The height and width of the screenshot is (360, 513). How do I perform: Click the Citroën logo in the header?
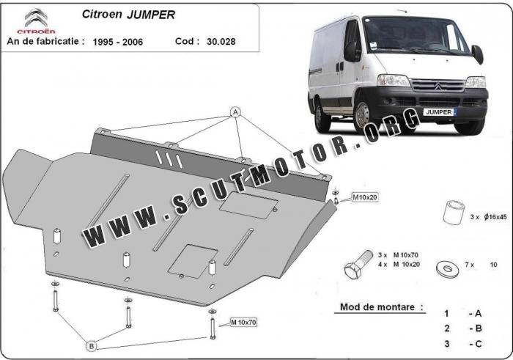[x=37, y=21]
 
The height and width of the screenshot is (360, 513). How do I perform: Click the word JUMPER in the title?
[x=151, y=15]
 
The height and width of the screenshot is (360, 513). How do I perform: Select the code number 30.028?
[x=221, y=42]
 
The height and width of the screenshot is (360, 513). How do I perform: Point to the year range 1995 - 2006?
[x=118, y=42]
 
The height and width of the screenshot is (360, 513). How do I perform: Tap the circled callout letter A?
[x=235, y=113]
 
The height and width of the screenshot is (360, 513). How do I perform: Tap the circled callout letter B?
[x=92, y=346]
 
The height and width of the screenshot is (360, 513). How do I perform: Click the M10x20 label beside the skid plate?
[x=365, y=197]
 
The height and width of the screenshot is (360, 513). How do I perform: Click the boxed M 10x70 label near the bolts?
[x=243, y=323]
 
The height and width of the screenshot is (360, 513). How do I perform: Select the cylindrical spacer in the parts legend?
[x=454, y=213]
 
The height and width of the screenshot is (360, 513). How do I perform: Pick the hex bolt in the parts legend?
[x=358, y=265]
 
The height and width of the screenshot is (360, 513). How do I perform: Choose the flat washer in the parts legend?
[x=447, y=268]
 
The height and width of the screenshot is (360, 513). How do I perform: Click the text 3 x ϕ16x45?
[x=488, y=216]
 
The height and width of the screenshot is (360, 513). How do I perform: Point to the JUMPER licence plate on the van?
[x=439, y=112]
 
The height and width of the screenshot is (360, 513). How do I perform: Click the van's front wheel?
[x=364, y=115]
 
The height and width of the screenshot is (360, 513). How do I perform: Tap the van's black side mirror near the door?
[x=352, y=51]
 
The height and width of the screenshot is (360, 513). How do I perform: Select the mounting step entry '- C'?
[x=476, y=344]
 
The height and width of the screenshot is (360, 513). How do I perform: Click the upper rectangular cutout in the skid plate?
[x=248, y=205]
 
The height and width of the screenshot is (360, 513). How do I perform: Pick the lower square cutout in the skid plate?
[x=193, y=261]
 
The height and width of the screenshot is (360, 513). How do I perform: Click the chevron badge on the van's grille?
[x=438, y=86]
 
